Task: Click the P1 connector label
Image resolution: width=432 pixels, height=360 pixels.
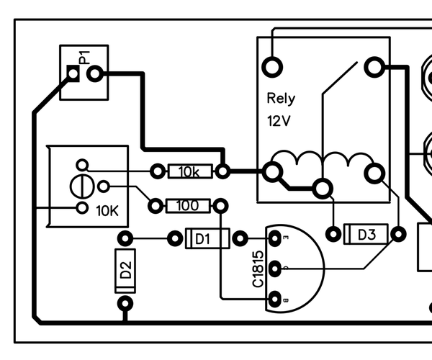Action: [x=84, y=57]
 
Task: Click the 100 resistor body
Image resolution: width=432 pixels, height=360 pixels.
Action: [x=188, y=207]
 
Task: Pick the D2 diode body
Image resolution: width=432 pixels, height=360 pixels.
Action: [x=126, y=271]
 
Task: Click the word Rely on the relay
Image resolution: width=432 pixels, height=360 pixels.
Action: [x=280, y=99]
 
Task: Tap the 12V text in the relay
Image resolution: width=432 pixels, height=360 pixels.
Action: [x=279, y=120]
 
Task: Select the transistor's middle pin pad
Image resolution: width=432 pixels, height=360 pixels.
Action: [x=274, y=269]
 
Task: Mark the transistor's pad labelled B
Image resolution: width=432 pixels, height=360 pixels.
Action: [x=274, y=300]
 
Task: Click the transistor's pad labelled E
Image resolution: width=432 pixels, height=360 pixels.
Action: [x=274, y=238]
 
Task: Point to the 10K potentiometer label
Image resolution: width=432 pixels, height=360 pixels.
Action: [x=109, y=212]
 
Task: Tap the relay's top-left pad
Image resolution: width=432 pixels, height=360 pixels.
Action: [x=273, y=67]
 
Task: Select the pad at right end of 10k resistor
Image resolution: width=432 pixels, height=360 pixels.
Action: [x=223, y=171]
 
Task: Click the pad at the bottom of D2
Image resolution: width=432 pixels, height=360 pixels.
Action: [x=126, y=302]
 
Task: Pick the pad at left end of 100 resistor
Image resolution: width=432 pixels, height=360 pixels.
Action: [x=155, y=207]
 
